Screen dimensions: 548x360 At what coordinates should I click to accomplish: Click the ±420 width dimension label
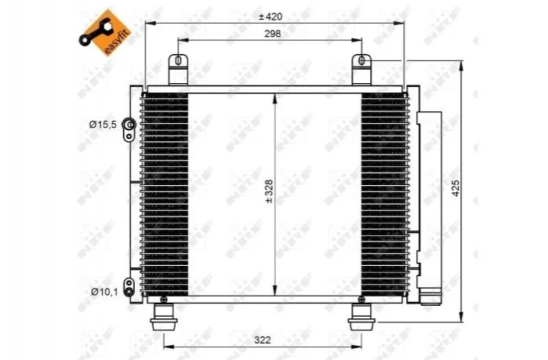point(270,16)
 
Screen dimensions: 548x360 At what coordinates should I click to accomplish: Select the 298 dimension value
point(272,34)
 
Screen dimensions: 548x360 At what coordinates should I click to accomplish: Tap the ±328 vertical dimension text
point(269,191)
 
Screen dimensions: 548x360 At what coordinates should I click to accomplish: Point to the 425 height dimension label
point(455,188)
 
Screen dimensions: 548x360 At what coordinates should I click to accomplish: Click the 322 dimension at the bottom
point(262,340)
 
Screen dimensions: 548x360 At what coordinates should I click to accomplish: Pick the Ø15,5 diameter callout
point(103,125)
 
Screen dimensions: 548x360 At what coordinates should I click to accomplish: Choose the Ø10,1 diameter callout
point(104,292)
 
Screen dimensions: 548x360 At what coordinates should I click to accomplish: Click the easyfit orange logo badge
point(105,32)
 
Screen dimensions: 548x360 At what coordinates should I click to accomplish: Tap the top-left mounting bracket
point(178,69)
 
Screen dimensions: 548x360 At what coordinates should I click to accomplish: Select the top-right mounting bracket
point(361,69)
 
